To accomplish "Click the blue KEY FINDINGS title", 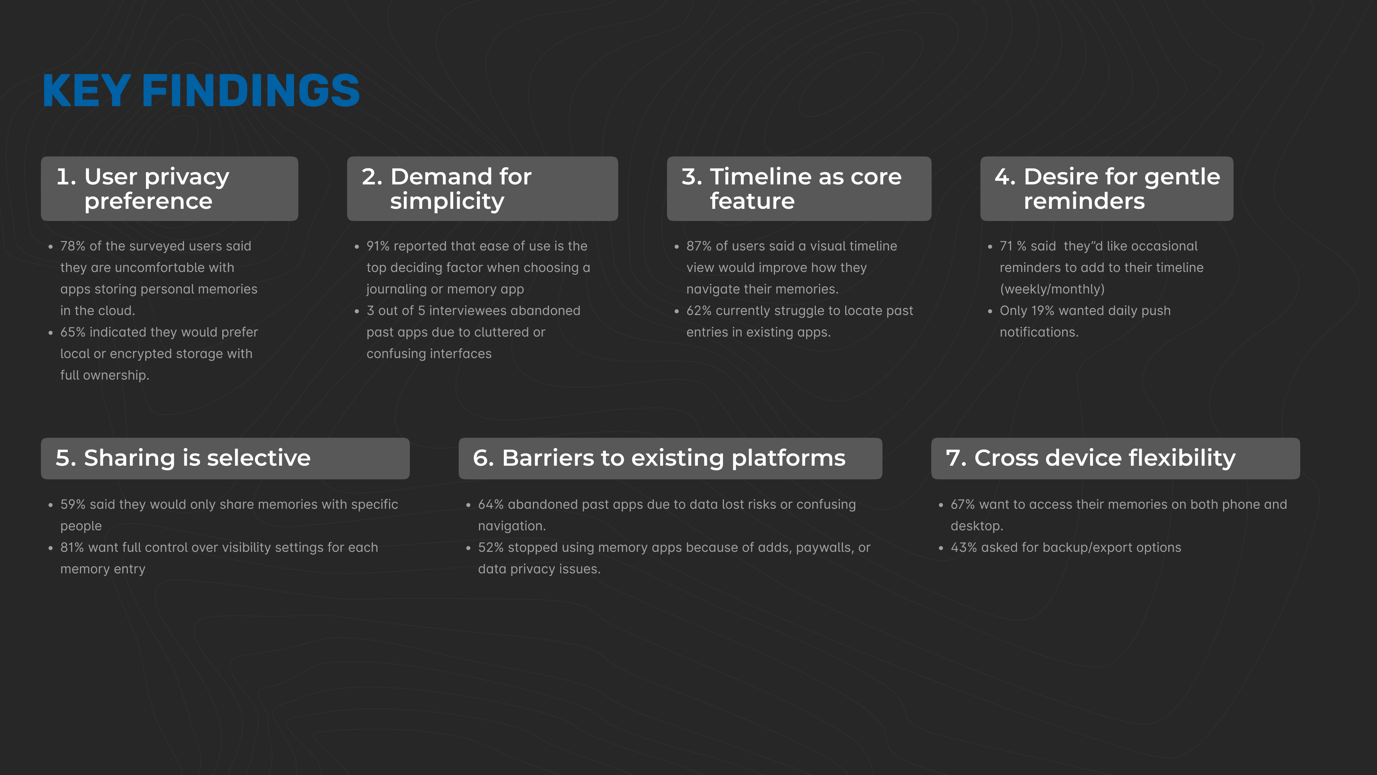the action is tap(201, 90).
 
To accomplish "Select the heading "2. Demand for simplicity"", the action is tap(447, 189).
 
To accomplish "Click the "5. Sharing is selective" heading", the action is tap(183, 458).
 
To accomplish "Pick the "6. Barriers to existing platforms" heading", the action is tap(659, 458).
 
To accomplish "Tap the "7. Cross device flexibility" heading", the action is tap(1090, 458).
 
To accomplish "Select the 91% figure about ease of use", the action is tap(378, 246).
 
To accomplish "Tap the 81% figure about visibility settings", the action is tap(72, 548).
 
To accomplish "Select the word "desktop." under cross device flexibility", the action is tap(976, 526).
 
